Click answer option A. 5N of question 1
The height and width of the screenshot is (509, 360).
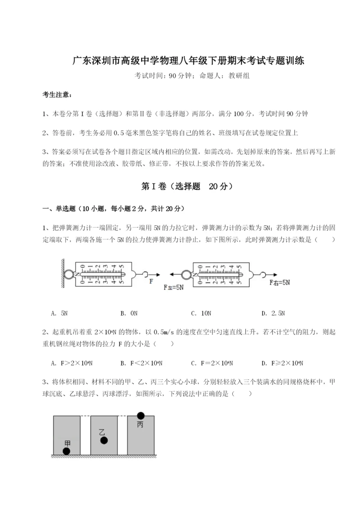(60, 313)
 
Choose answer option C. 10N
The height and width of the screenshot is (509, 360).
(201, 313)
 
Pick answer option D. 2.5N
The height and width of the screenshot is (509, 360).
(273, 313)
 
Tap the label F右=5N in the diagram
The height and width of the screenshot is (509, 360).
(279, 283)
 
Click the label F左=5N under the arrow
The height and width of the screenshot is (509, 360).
(174, 286)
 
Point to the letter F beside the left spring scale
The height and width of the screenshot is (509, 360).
(151, 280)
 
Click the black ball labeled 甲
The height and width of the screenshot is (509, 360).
(66, 451)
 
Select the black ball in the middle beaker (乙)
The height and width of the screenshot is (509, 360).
(104, 441)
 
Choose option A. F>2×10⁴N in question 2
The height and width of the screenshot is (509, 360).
(75, 363)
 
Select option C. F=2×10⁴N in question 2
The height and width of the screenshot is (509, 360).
(215, 363)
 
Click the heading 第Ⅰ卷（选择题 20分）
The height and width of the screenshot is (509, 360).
(180, 186)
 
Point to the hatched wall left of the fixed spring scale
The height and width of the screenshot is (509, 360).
(63, 273)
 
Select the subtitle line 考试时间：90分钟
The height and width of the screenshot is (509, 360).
(180, 76)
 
